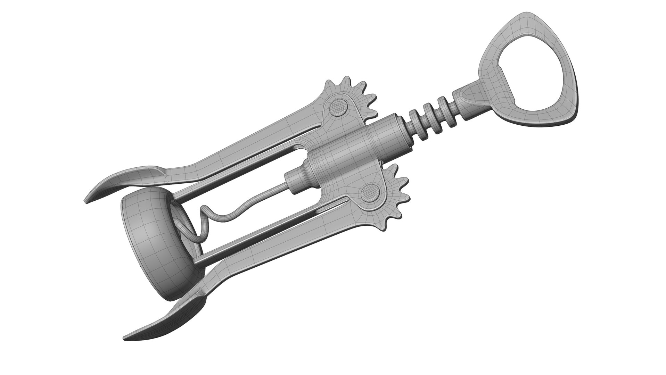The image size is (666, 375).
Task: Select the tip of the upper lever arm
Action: coord(87,201)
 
